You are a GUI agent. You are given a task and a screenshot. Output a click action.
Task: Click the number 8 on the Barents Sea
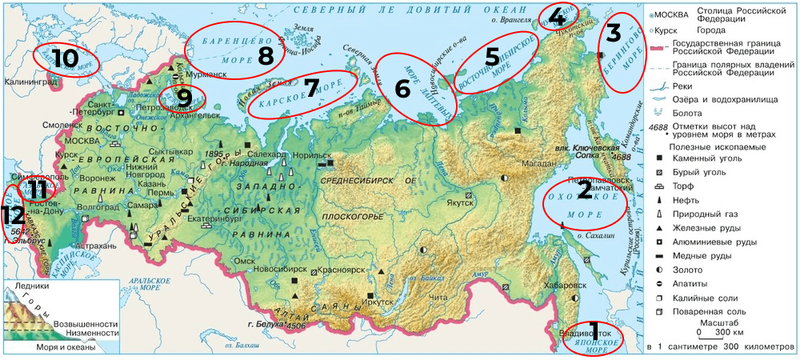[266, 55]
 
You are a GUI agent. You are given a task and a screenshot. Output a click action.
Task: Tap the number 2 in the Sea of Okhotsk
[585, 190]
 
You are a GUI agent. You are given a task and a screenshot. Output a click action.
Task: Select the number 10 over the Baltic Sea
[67, 58]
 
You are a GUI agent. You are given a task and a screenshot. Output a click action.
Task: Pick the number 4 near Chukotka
[557, 17]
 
